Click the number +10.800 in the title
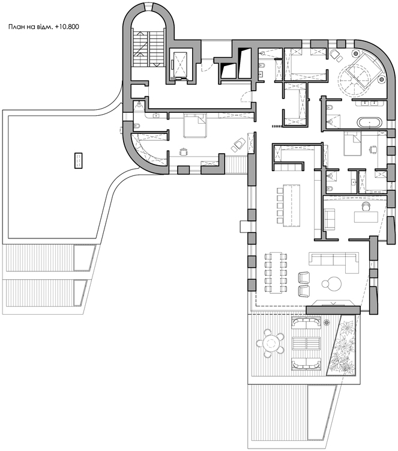click(67, 27)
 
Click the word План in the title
click(14, 27)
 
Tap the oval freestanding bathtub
click(370, 123)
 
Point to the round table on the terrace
click(270, 343)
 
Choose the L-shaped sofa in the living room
click(334, 262)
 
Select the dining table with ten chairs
click(276, 273)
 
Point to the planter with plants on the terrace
click(343, 345)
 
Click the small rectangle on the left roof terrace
click(79, 160)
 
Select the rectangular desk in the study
click(366, 217)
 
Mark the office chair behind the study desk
click(366, 205)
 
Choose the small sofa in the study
click(330, 219)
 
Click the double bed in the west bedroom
click(195, 126)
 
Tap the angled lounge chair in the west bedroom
click(238, 144)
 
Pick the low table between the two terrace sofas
click(306, 343)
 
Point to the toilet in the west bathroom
click(137, 126)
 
